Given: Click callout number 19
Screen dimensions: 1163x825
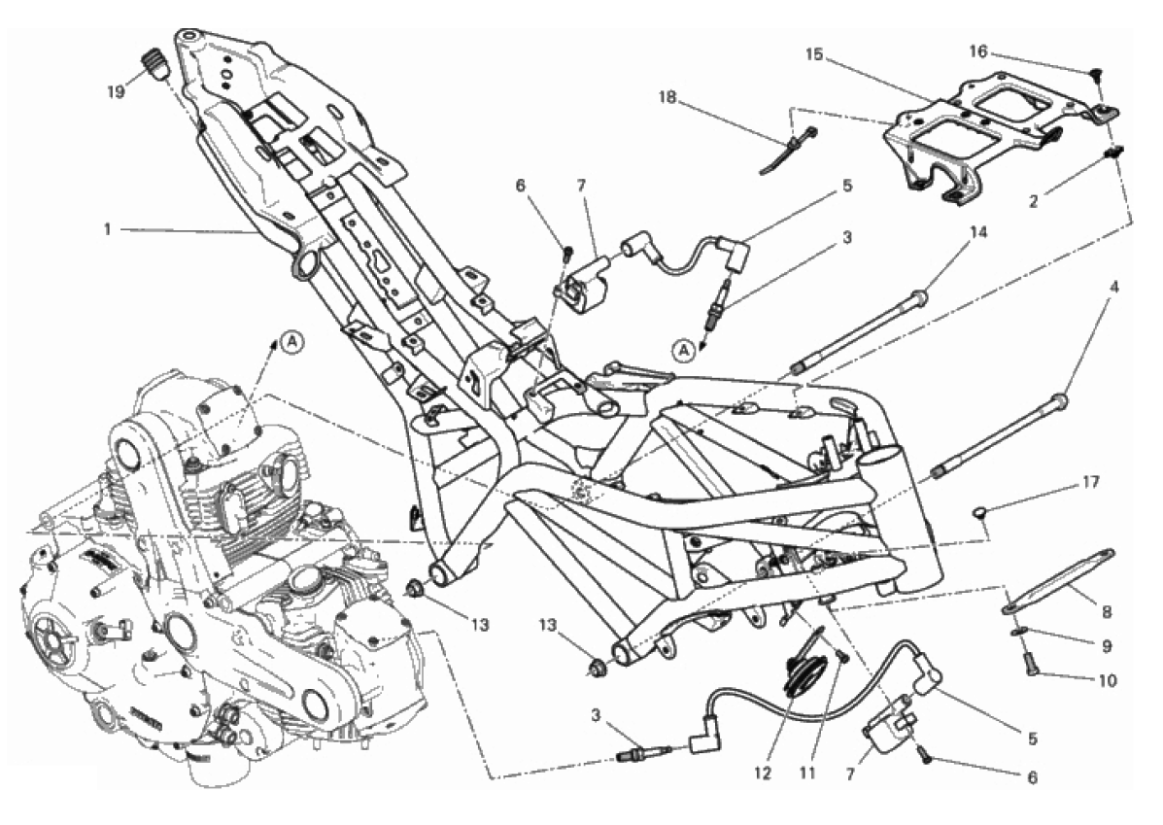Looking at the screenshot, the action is click(x=115, y=92).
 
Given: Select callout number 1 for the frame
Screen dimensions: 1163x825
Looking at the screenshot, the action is click(x=108, y=230).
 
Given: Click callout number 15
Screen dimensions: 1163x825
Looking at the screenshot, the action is click(x=814, y=54).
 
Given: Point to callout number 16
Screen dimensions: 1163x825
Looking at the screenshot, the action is click(x=978, y=52).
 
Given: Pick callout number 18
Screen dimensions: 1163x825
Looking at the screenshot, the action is click(x=667, y=97).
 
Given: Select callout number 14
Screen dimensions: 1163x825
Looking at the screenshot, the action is click(x=978, y=233).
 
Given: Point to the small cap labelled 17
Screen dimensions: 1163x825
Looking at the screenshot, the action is click(x=982, y=511).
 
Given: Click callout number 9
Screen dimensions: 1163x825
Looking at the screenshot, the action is click(x=1107, y=646).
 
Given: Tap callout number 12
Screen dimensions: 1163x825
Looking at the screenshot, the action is click(x=763, y=773).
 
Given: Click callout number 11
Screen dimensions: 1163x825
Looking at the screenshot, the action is click(x=807, y=773).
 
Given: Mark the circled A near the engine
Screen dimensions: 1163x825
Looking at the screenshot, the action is click(x=293, y=341).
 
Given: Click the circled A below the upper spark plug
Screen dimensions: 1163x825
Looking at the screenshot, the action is click(x=685, y=350).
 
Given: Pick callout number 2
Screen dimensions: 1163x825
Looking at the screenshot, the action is click(x=1033, y=200).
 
